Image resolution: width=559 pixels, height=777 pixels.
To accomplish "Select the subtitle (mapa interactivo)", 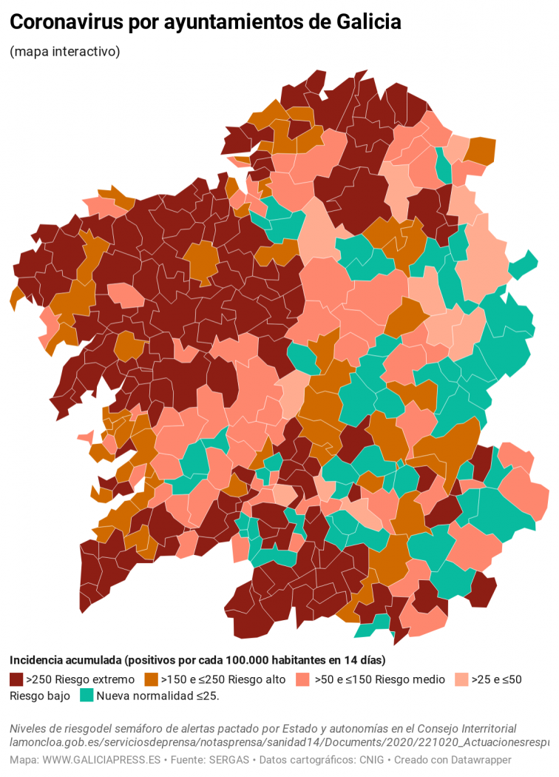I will [x=65, y=52].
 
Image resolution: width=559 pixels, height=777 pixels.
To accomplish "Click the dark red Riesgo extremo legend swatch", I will [x=16, y=679].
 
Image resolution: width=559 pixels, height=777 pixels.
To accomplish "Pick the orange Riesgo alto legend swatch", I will [x=152, y=679].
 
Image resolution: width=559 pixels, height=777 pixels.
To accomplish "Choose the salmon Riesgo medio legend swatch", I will [x=302, y=679].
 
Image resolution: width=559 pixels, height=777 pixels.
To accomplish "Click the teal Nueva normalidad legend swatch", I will [x=87, y=696].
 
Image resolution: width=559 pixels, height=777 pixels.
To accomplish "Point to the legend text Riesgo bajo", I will [x=40, y=696].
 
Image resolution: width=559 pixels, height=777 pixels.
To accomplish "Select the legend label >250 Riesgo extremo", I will [x=80, y=679].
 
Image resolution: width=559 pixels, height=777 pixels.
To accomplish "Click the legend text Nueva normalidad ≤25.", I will [x=157, y=696].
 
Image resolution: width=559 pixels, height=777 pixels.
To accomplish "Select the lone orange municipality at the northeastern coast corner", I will [x=481, y=149].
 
